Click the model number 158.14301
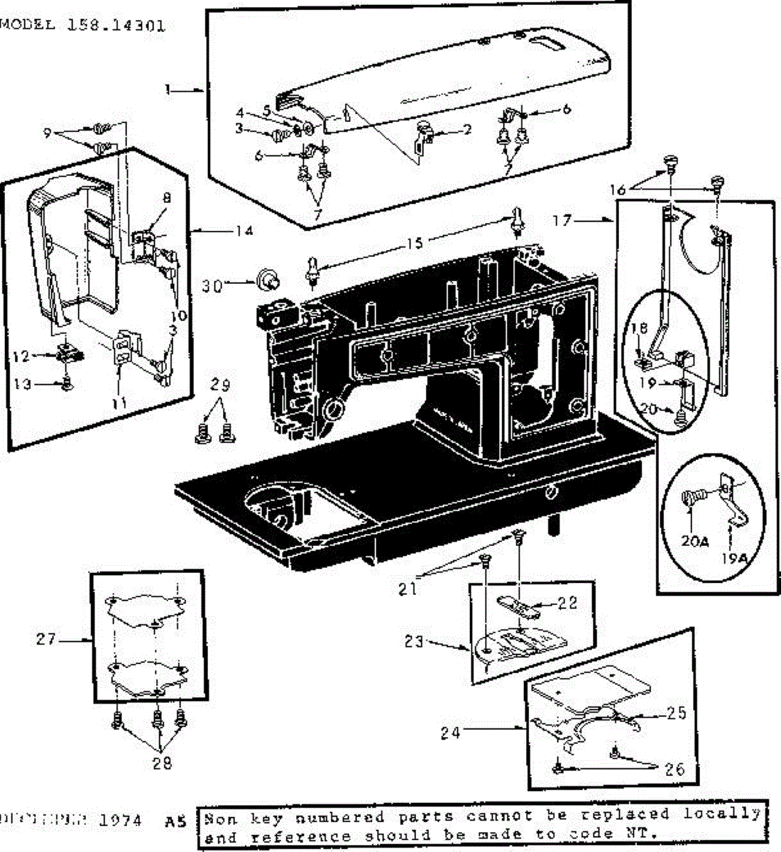[116, 26]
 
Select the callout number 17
[562, 221]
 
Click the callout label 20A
[694, 541]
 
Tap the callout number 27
[46, 640]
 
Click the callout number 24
[449, 733]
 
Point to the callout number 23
[415, 642]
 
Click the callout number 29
[221, 386]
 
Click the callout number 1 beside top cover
[168, 90]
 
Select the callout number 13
[23, 384]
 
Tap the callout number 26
[674, 769]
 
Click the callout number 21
[408, 588]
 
